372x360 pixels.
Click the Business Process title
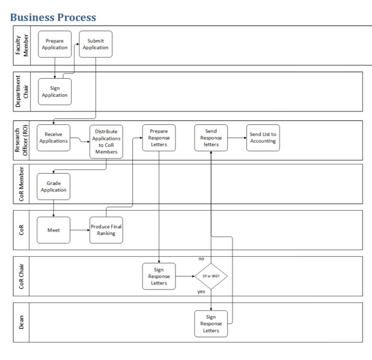(53, 17)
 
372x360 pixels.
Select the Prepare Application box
(54, 44)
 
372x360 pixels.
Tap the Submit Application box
(96, 44)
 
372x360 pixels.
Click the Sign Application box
(54, 91)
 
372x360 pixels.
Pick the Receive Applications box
(53, 138)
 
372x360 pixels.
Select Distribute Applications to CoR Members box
(106, 141)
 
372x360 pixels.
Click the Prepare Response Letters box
(158, 138)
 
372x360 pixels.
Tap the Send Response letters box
(211, 138)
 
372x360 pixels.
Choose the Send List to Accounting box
(263, 138)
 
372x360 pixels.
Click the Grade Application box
(53, 187)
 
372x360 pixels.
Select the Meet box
(53, 230)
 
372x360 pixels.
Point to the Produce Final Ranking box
(106, 230)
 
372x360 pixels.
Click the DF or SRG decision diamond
(211, 277)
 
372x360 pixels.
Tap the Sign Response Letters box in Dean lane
(211, 323)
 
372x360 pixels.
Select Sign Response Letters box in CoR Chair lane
(158, 277)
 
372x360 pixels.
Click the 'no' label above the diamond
(201, 258)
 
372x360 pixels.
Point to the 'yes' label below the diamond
(201, 292)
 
